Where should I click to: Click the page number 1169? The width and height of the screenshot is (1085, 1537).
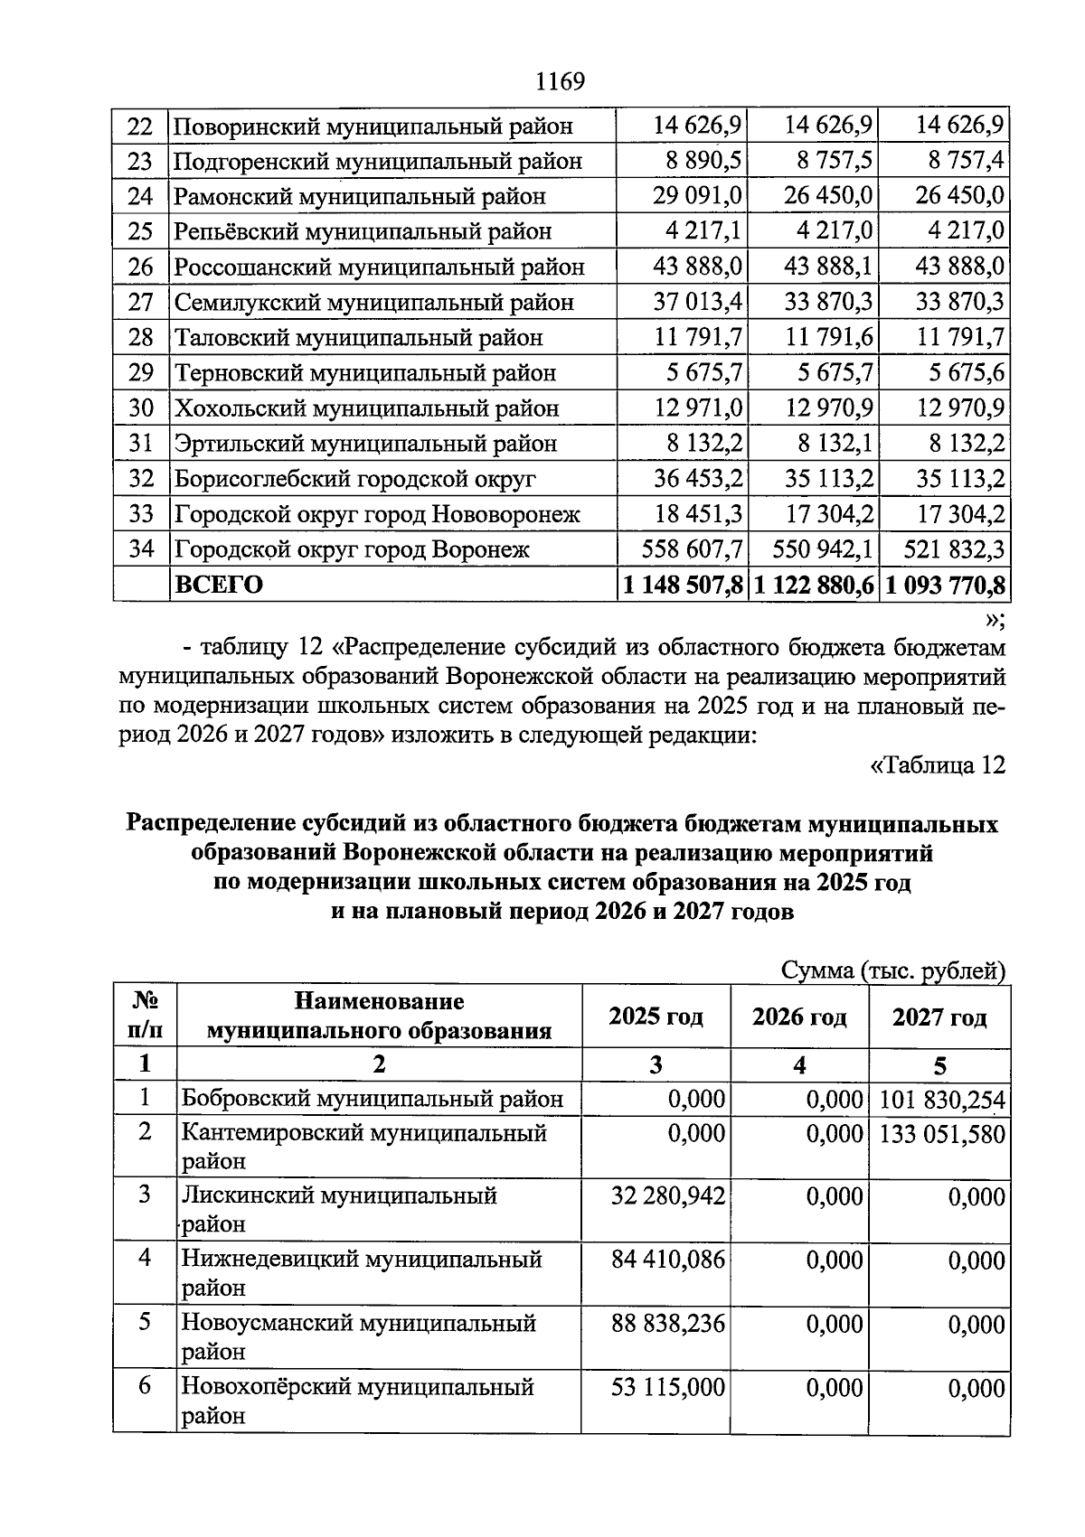(560, 82)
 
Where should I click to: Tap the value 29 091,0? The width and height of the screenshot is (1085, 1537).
(697, 196)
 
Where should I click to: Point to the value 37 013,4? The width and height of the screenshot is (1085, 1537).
(697, 302)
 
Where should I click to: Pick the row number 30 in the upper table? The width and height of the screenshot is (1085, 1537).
(141, 408)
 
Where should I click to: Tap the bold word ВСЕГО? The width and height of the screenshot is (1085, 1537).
(219, 585)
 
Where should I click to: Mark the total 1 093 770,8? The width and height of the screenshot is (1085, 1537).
(945, 585)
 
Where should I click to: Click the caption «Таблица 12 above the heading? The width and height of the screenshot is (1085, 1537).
(937, 765)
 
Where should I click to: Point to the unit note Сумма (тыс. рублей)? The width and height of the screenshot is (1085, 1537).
(893, 970)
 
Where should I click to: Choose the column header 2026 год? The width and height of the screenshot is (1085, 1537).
(799, 1017)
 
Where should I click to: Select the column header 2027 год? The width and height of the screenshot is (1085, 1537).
(939, 1017)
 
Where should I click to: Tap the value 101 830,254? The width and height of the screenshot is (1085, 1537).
(941, 1099)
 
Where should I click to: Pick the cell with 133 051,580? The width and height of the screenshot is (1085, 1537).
(941, 1133)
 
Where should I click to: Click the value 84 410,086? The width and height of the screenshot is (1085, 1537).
(668, 1259)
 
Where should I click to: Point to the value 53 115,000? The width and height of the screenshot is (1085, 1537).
(668, 1386)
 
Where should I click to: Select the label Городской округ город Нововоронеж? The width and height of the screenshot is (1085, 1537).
(377, 514)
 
